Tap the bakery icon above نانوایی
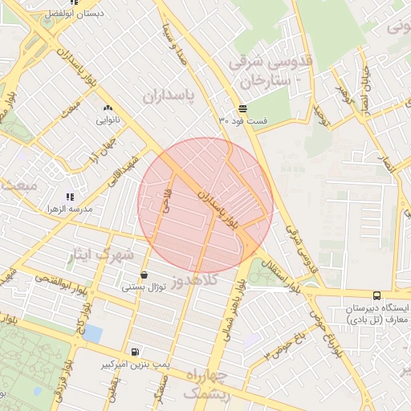coord(108,108)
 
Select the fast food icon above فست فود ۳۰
coord(242,108)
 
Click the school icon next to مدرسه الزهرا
coord(71,196)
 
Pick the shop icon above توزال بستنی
coord(144,275)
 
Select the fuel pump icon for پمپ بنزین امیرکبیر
coord(133,352)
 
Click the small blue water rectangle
coord(94,332)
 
